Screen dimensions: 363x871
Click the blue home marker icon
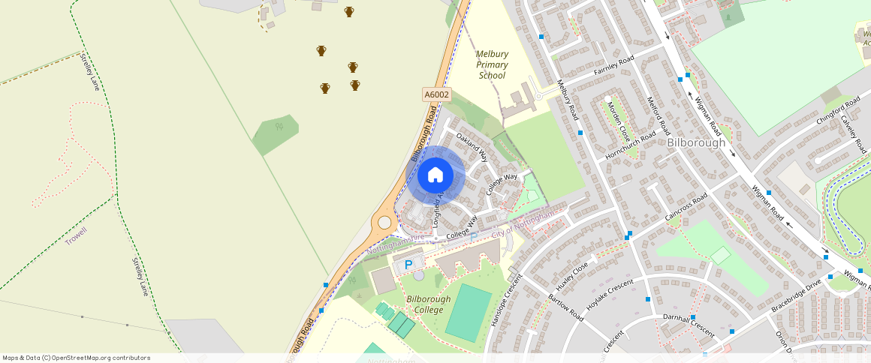pyautogui.click(x=435, y=175)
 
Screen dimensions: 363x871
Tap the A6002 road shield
pyautogui.click(x=436, y=94)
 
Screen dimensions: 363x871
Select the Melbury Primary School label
pyautogui.click(x=492, y=64)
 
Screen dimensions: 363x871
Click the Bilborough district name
pyautogui.click(x=696, y=142)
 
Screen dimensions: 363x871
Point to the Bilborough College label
pyautogui.click(x=429, y=304)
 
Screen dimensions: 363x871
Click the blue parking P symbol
pyautogui.click(x=408, y=265)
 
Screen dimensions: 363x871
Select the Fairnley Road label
pyautogui.click(x=614, y=65)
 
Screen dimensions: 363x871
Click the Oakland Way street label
pyautogui.click(x=472, y=148)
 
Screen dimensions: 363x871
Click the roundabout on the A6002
pyautogui.click(x=384, y=222)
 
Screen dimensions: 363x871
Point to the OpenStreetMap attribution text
pyautogui.click(x=76, y=358)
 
